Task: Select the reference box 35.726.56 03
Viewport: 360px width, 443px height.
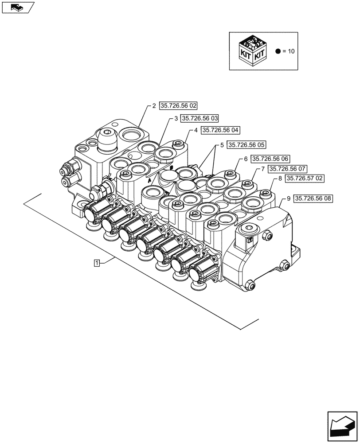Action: pyautogui.click(x=199, y=118)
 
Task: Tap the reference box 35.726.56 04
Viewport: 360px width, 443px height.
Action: pyautogui.click(x=220, y=130)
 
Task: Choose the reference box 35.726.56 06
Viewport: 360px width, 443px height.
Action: pyautogui.click(x=270, y=159)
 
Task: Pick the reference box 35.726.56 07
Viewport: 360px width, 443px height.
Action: pyautogui.click(x=287, y=169)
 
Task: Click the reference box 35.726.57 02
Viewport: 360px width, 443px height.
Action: pyautogui.click(x=305, y=178)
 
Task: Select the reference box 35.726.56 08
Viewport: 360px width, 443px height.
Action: pyautogui.click(x=314, y=198)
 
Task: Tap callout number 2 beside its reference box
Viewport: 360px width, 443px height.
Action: pyautogui.click(x=154, y=106)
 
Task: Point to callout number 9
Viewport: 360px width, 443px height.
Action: pyautogui.click(x=289, y=198)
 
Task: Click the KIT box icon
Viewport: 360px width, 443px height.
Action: pyautogui.click(x=253, y=51)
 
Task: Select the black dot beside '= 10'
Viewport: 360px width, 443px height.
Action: pyautogui.click(x=278, y=51)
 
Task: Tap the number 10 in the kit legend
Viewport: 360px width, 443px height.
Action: pyautogui.click(x=291, y=51)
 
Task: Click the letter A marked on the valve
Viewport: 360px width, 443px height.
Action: pyautogui.click(x=150, y=181)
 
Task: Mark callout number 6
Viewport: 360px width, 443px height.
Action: pyautogui.click(x=245, y=159)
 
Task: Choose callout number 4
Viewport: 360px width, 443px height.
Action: pyautogui.click(x=196, y=130)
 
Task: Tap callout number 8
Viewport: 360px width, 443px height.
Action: pyautogui.click(x=280, y=178)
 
